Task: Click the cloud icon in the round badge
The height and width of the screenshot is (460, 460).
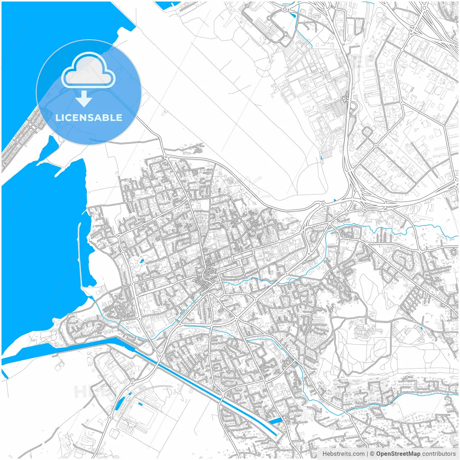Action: pos(88,70)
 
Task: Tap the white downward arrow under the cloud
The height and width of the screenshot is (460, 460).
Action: pos(84,99)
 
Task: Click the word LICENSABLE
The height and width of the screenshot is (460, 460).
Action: pos(88,118)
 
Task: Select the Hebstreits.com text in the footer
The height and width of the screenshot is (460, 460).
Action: pos(343,454)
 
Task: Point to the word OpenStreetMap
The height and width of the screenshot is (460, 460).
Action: pos(398,454)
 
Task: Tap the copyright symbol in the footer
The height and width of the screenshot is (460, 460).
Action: pos(372,454)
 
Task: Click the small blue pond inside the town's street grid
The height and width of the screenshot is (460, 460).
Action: pos(142,260)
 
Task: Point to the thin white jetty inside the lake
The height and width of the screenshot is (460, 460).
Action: pos(80,252)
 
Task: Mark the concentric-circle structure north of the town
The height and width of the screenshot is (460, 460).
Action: pos(230,181)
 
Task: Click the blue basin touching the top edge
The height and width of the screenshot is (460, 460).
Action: pos(167,5)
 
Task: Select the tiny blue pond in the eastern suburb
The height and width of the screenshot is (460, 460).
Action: pos(421,328)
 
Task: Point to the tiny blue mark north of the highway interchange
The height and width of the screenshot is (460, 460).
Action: pos(335,200)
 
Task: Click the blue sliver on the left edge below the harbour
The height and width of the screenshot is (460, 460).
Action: pos(5,374)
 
